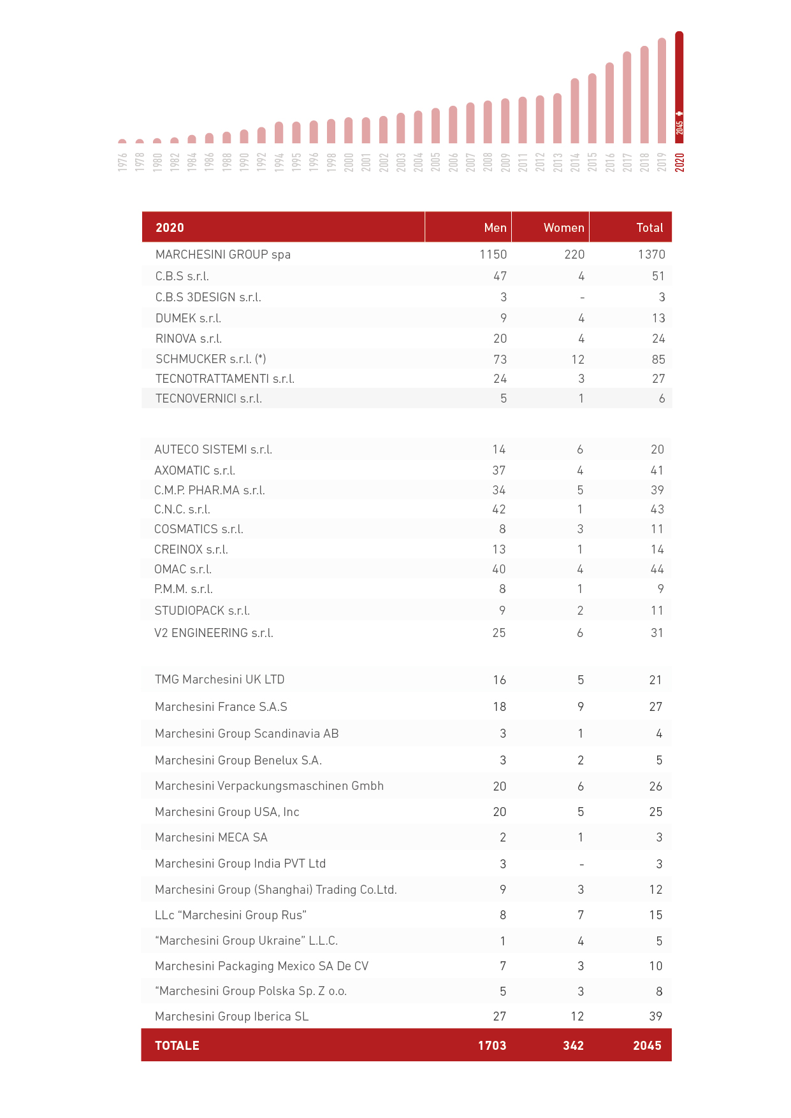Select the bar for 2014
[575, 111]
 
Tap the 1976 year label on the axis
[122, 162]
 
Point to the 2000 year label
[349, 162]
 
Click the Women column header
[563, 227]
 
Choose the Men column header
[495, 227]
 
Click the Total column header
[649, 227]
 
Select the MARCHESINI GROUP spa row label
[223, 255]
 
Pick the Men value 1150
[493, 255]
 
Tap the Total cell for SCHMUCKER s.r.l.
[658, 359]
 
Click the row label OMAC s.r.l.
[183, 569]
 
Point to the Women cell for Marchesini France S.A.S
[581, 706]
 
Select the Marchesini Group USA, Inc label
[227, 812]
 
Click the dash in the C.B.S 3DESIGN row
[581, 297]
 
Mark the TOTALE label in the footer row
[177, 1045]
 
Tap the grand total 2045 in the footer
[647, 1045]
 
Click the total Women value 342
[573, 1045]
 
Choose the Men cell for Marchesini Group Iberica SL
[500, 1016]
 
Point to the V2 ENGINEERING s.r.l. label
[214, 633]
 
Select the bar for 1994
[279, 133]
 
